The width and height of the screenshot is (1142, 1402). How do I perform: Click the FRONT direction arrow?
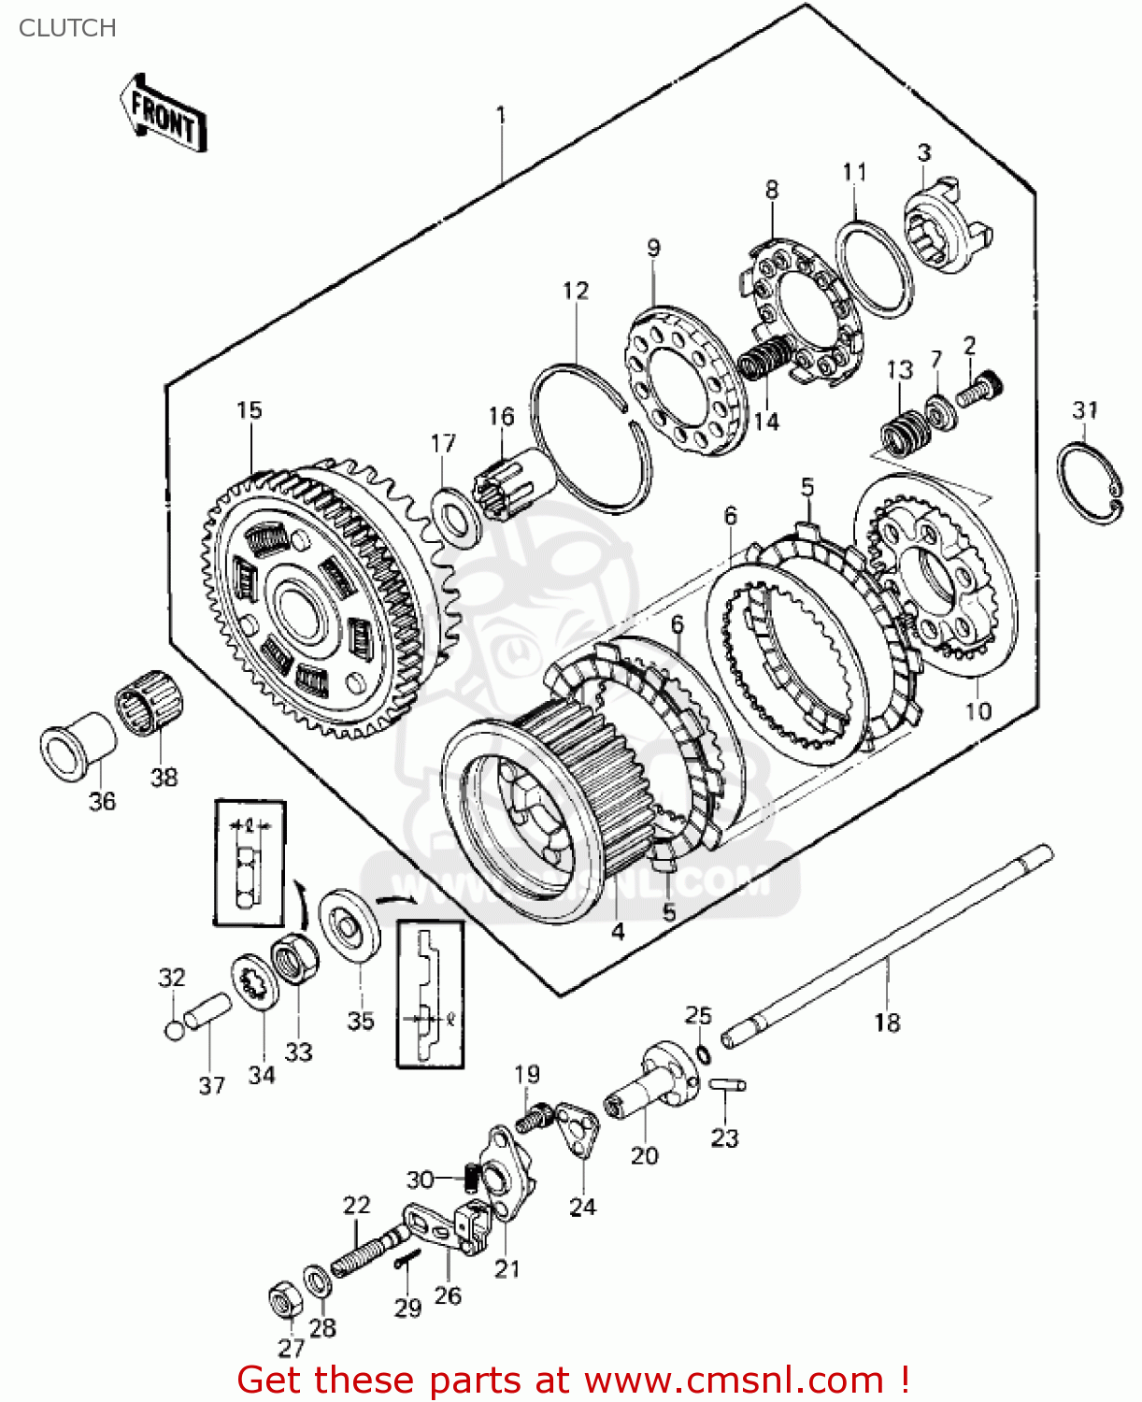(164, 114)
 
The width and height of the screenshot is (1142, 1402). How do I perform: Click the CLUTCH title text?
(67, 28)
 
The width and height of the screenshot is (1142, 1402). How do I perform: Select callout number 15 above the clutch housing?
(249, 410)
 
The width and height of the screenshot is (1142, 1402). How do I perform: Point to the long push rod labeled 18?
(888, 944)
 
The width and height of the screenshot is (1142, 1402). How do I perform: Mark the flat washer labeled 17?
(456, 514)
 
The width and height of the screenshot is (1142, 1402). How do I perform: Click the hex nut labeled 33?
(294, 958)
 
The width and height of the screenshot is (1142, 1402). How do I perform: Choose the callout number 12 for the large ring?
(576, 291)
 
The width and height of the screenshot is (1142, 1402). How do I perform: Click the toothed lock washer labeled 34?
(254, 981)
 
